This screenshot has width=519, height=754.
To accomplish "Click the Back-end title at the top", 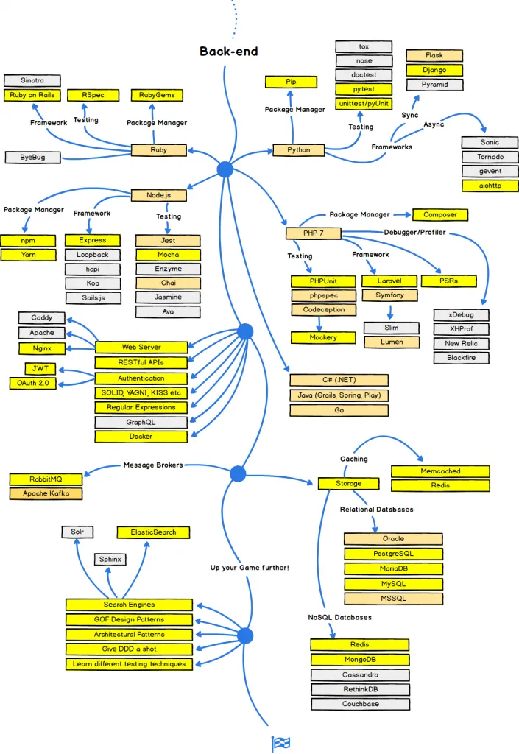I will [229, 52].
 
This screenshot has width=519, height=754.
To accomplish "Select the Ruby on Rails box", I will [32, 95].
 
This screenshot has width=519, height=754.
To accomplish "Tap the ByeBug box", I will [32, 157].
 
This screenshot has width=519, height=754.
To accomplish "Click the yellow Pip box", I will [291, 82].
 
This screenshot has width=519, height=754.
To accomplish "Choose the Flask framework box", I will [434, 55].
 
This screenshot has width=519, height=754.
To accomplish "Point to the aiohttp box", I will [490, 186].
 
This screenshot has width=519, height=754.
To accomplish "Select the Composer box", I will [440, 215].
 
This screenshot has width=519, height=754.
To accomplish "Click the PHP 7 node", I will [314, 233].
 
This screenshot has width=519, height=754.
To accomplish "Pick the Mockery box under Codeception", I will [323, 337].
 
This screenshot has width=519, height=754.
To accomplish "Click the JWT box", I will [40, 368].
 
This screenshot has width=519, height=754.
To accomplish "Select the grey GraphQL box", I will [141, 422].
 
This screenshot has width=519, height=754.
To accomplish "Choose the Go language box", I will [339, 409].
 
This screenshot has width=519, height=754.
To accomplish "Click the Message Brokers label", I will [152, 465].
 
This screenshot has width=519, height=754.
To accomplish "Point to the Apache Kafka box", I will [46, 493].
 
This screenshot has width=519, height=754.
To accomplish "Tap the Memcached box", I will [439, 471].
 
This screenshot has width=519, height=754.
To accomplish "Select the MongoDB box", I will [360, 660].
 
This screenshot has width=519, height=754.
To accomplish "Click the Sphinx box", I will [110, 560].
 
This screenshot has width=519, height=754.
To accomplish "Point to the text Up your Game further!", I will [250, 568].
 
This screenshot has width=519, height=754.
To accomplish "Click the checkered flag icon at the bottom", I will [281, 744].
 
